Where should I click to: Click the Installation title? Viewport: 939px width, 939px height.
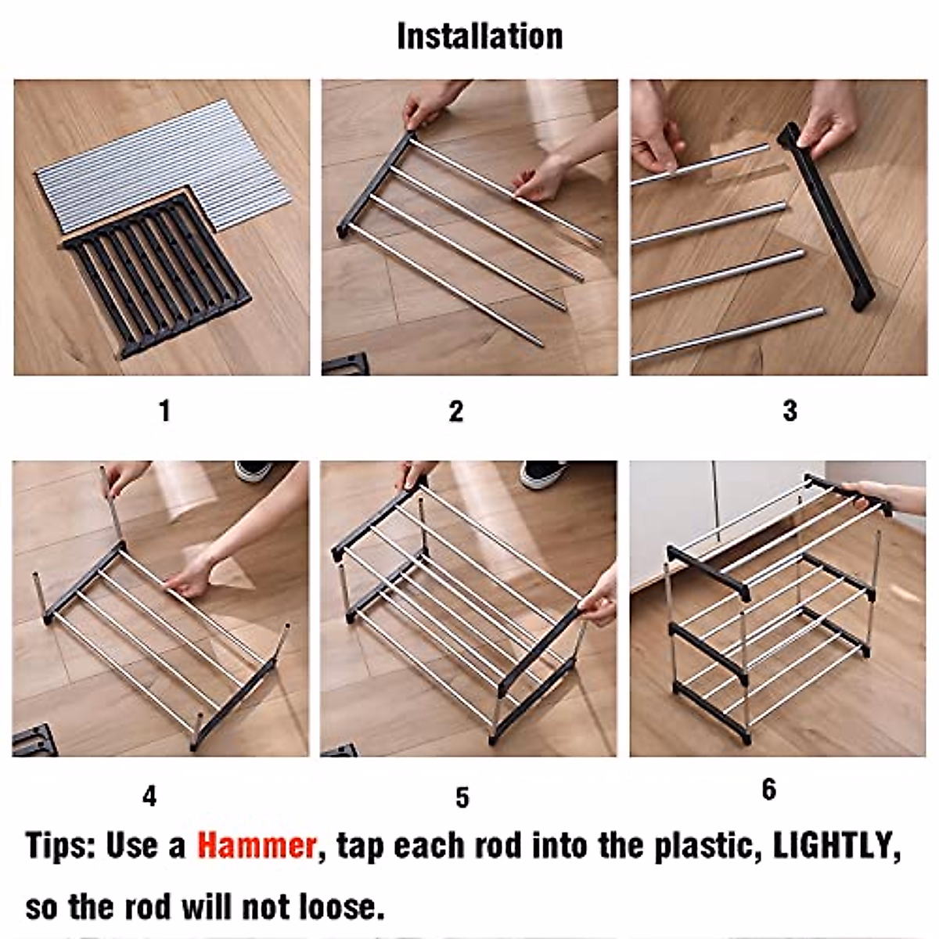click(480, 37)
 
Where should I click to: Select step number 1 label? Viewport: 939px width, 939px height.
click(164, 411)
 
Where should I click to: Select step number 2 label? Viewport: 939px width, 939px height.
click(456, 412)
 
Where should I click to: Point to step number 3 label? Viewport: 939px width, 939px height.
click(790, 410)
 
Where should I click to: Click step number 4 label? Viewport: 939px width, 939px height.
click(149, 797)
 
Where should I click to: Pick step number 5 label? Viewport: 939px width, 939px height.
click(462, 797)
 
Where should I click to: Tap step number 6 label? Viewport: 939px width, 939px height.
click(769, 790)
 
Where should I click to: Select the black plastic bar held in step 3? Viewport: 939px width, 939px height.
click(826, 218)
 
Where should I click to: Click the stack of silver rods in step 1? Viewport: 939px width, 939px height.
click(164, 164)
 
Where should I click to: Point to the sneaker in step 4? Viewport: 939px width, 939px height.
click(254, 469)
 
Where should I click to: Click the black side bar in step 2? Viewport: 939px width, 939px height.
click(372, 185)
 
